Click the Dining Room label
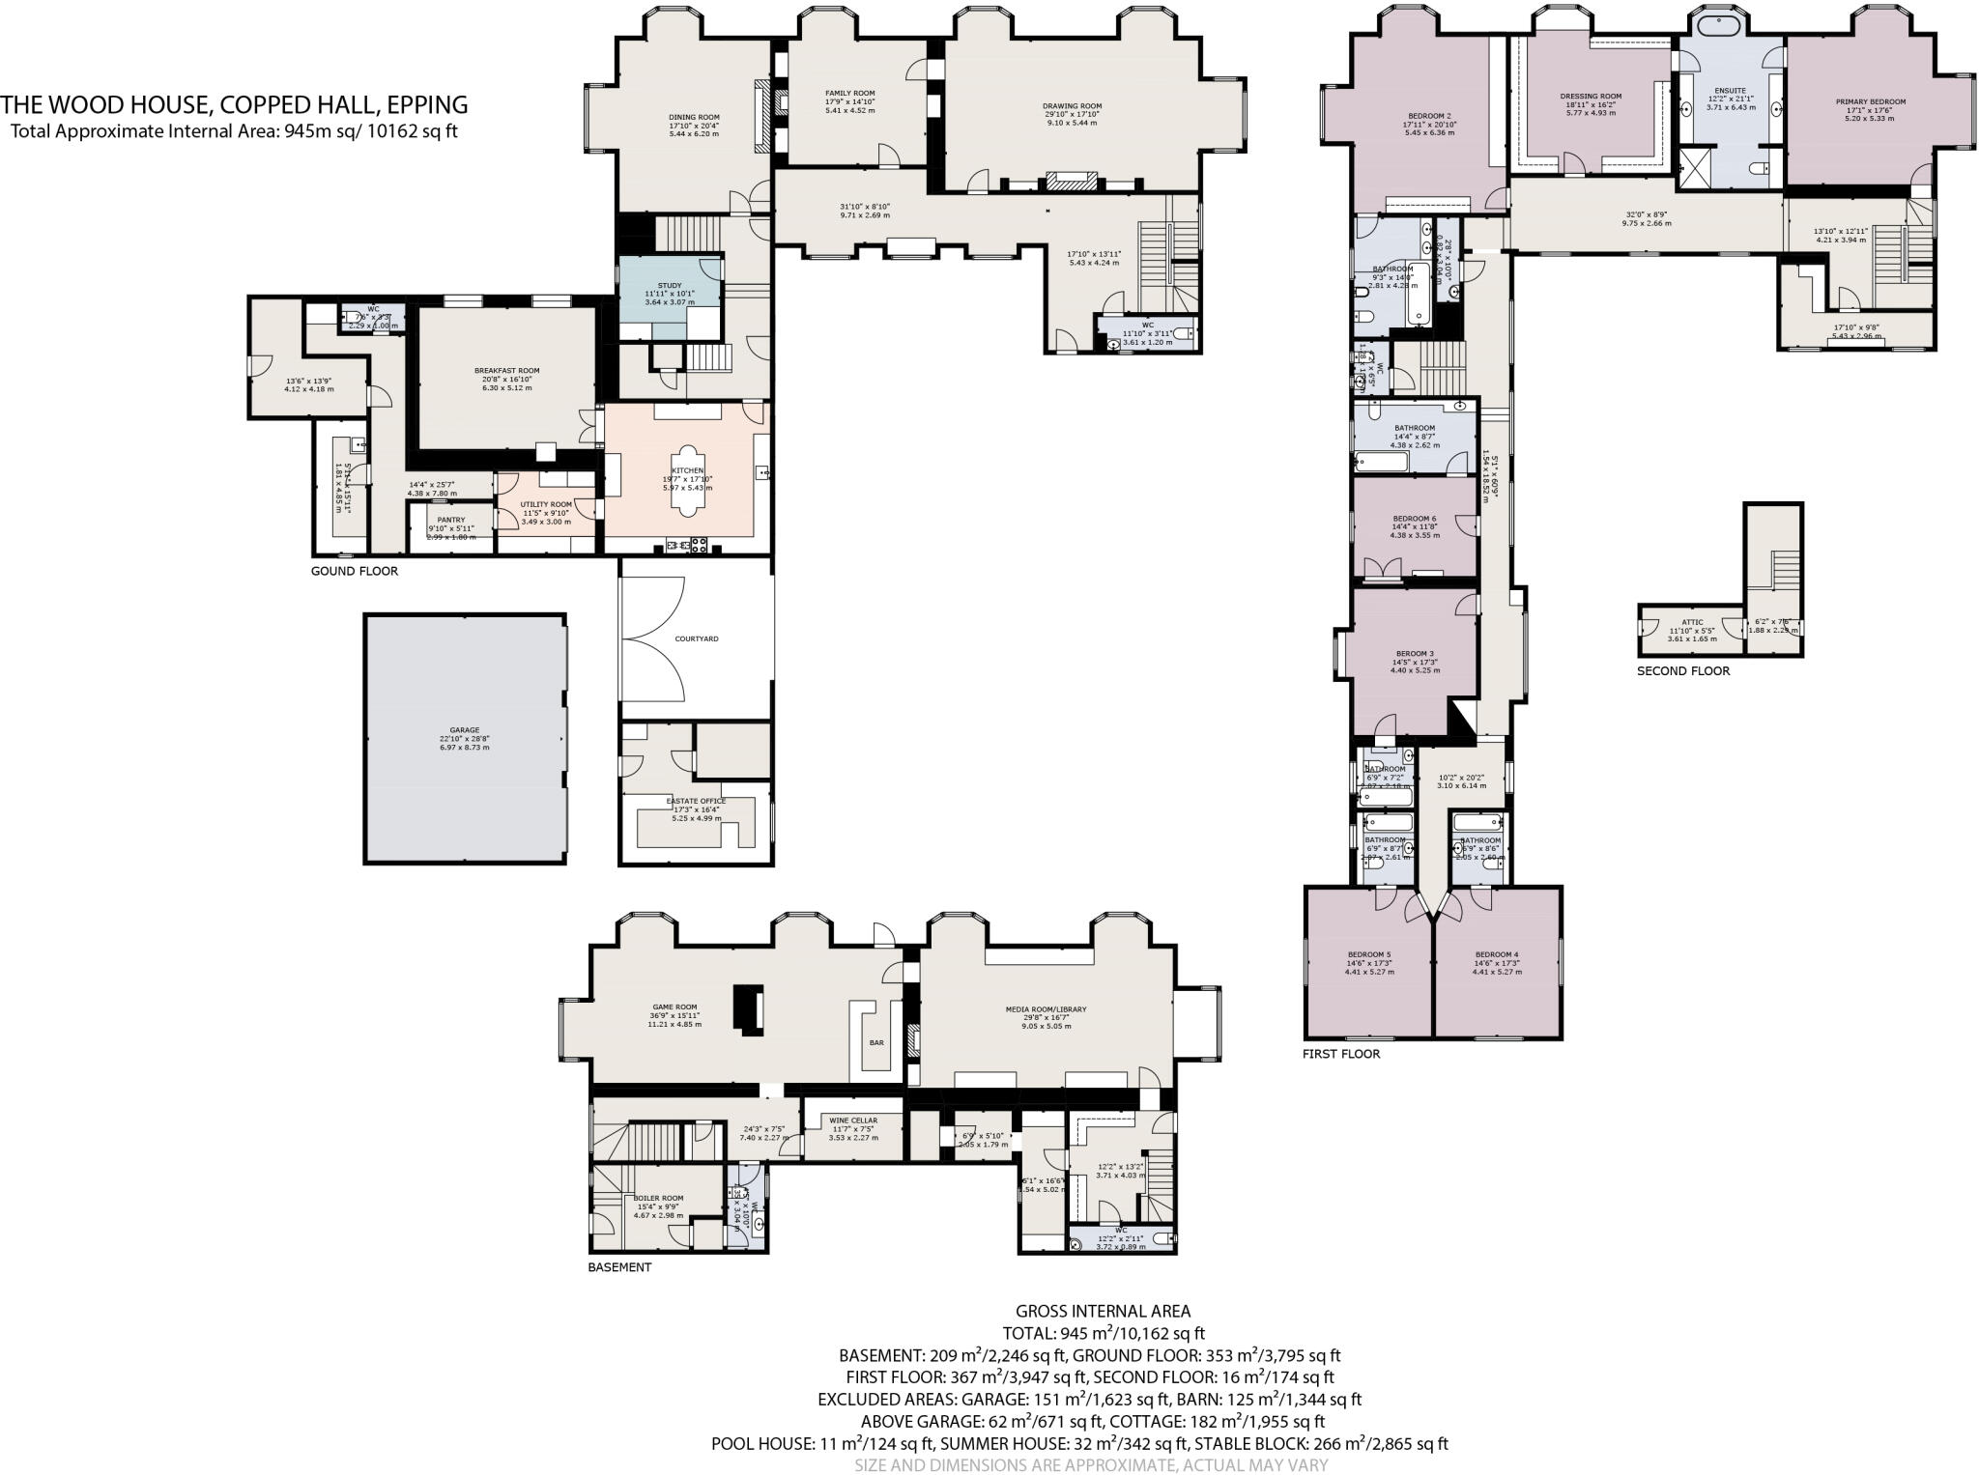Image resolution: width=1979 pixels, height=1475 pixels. [694, 117]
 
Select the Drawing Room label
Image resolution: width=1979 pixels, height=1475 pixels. [1072, 106]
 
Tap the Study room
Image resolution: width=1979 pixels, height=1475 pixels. [669, 287]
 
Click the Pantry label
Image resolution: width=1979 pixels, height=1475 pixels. [450, 521]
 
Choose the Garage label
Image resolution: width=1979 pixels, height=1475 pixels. [464, 731]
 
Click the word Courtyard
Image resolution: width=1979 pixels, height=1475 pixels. [696, 639]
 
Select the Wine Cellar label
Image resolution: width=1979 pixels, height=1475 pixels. [853, 1121]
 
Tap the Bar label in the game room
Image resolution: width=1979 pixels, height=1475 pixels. [876, 1043]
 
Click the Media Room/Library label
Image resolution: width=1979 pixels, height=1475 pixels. [1046, 1009]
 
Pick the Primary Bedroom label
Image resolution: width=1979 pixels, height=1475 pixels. [1870, 101]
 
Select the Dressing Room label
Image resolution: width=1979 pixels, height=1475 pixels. [1590, 97]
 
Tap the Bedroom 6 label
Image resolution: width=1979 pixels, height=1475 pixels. [1414, 519]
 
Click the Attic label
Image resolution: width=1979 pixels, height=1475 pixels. [1692, 623]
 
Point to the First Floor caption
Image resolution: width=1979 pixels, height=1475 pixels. [1340, 1054]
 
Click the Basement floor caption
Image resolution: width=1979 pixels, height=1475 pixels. [619, 1267]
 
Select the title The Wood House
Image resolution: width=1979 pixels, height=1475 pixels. [235, 104]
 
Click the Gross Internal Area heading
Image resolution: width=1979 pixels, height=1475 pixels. [1103, 1312]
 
